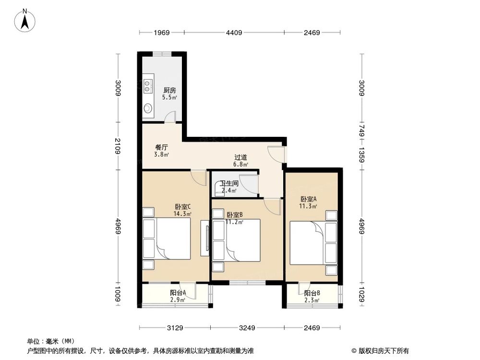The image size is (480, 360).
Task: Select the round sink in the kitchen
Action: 148,108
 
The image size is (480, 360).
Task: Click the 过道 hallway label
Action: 241,157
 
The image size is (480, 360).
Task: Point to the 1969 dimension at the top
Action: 162,33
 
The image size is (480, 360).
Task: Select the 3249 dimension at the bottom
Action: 248,328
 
